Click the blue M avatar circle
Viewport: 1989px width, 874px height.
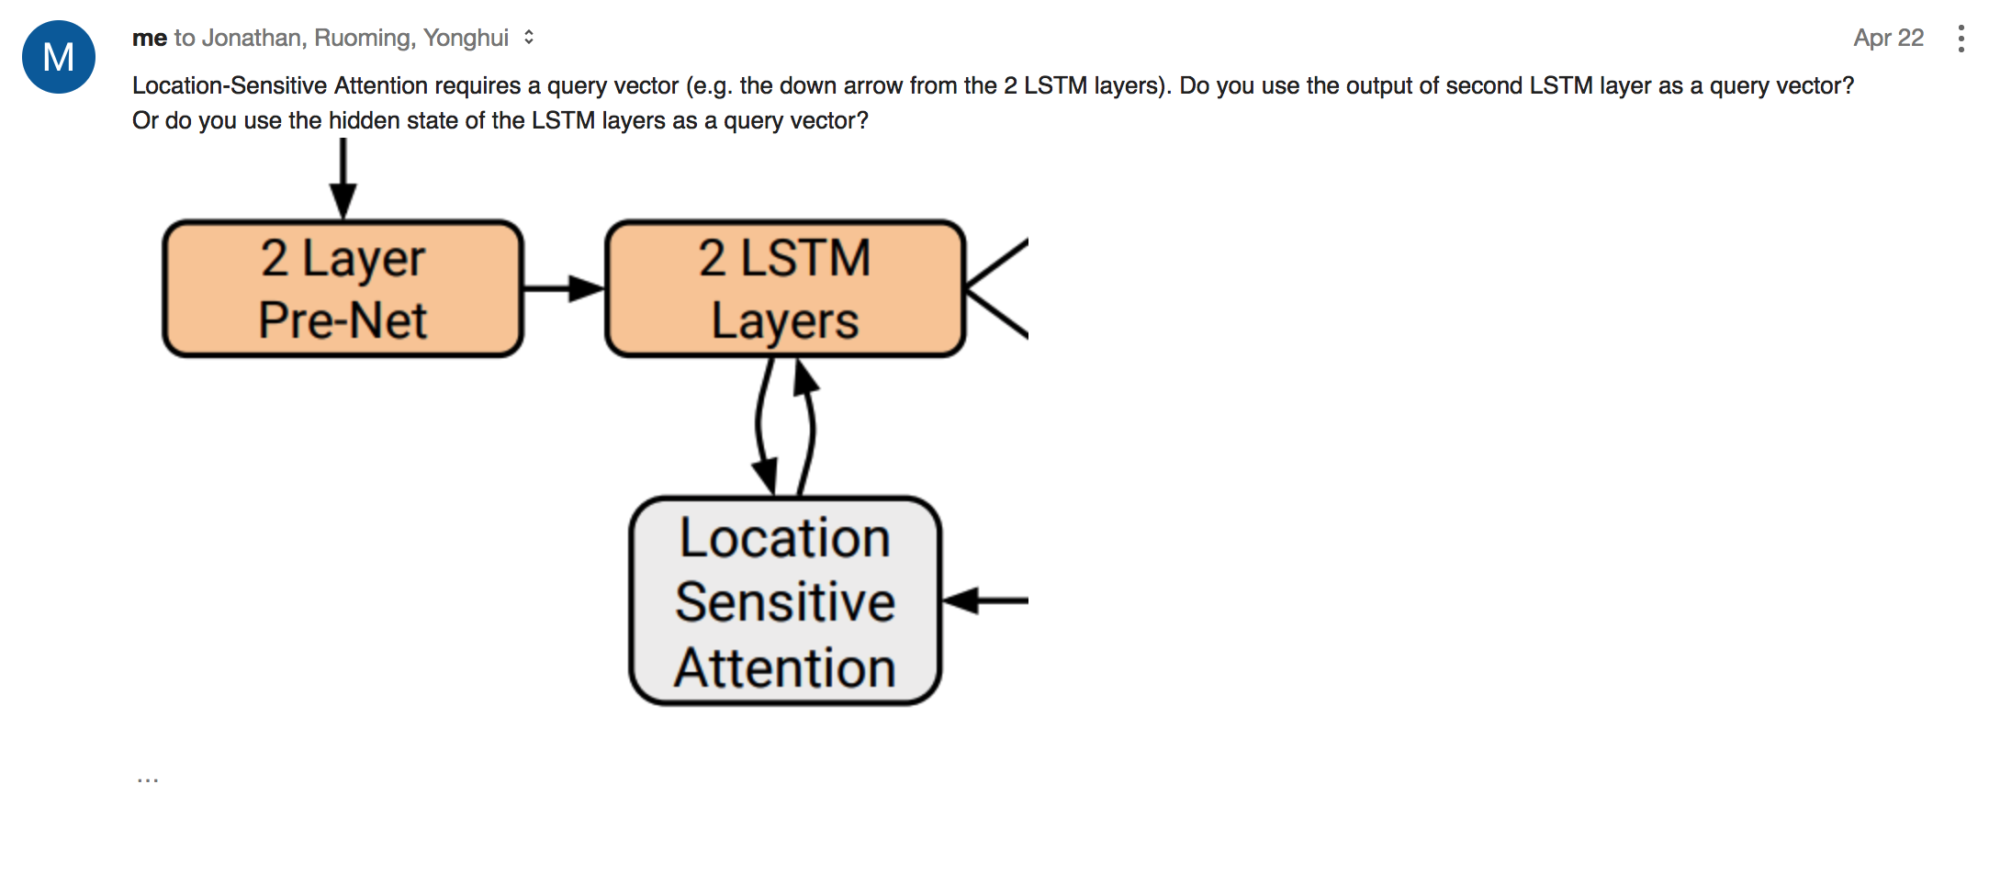point(59,57)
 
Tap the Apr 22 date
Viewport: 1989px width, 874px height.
point(1888,38)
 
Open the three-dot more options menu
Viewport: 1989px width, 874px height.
point(1961,39)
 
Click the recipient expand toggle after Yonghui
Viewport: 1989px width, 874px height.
point(529,38)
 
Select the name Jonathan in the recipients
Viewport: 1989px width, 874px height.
point(252,38)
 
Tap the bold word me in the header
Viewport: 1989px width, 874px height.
point(149,38)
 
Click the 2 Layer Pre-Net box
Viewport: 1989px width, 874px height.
point(343,288)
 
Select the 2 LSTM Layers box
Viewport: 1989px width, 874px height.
point(785,288)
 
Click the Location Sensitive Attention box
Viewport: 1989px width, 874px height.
point(785,601)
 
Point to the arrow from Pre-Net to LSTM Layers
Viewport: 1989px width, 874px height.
point(563,288)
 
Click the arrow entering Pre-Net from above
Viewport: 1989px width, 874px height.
point(343,179)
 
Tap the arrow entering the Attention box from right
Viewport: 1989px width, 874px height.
point(984,601)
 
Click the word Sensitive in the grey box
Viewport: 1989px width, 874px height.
point(785,602)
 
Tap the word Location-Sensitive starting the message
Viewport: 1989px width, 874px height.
point(229,85)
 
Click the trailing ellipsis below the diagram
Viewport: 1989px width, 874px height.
point(147,779)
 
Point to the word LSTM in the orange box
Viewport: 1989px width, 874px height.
point(805,258)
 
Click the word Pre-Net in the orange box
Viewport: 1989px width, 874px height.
point(343,320)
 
